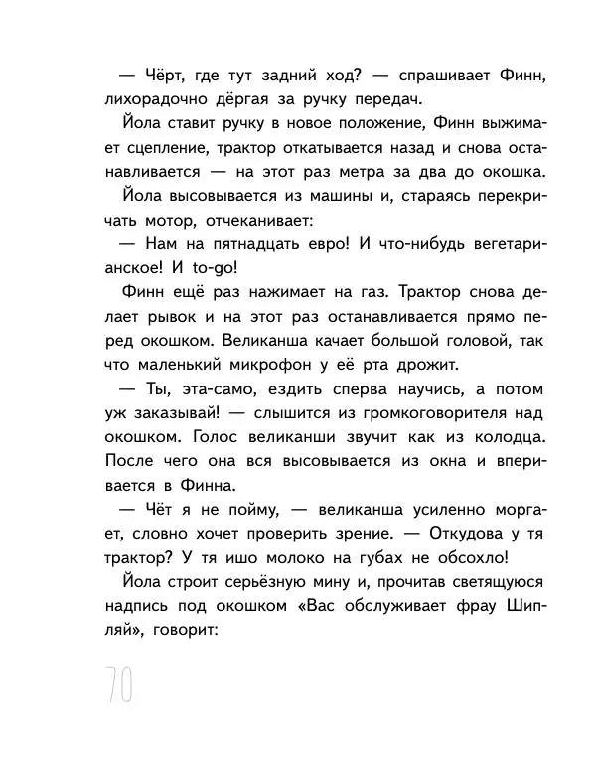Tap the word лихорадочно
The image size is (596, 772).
point(158,99)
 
